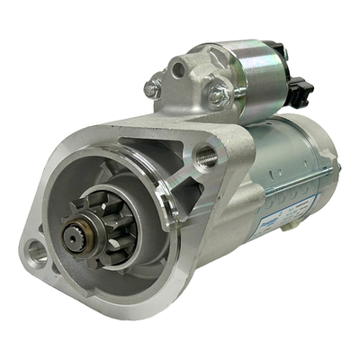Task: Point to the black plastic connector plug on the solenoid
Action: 301,89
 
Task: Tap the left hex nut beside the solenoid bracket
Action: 153,86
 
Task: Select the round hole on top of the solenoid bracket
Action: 181,67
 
